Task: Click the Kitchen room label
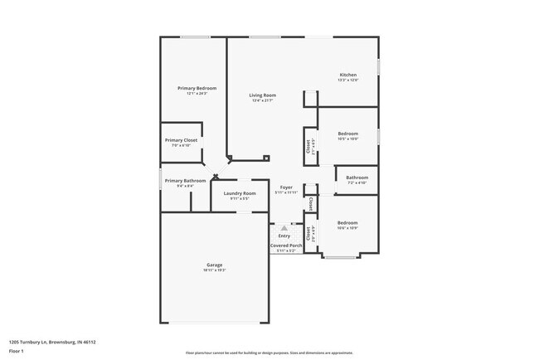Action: [x=347, y=75]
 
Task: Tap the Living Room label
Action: [x=263, y=95]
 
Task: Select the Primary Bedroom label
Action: [x=197, y=88]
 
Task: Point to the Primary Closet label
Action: [x=181, y=140]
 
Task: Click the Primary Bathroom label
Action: [x=185, y=181]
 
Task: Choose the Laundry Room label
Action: [x=239, y=193]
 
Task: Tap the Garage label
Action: [x=215, y=265]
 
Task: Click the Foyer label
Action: [x=286, y=187]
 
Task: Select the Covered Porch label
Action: [x=284, y=246]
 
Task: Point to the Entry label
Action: [x=284, y=236]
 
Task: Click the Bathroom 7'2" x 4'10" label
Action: [x=357, y=177]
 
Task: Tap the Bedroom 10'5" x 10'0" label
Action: [x=348, y=134]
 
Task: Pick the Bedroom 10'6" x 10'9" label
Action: [x=347, y=222]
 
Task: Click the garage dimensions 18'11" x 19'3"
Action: [x=215, y=270]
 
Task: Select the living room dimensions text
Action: [x=263, y=100]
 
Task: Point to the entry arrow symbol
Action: [x=284, y=226]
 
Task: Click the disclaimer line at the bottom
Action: [x=269, y=353]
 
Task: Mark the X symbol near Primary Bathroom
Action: [x=216, y=176]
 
